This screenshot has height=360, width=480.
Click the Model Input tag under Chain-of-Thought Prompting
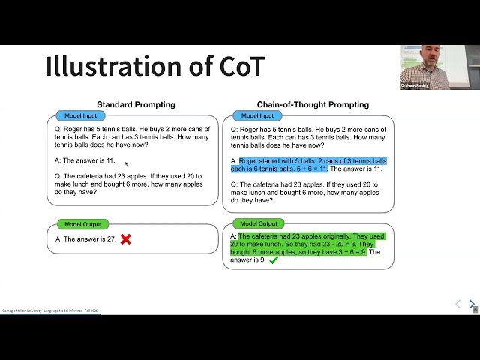256,116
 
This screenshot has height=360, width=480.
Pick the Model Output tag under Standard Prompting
82,224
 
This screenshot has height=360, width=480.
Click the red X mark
126,239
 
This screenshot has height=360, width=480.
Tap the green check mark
274,260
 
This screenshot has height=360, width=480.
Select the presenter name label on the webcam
414,86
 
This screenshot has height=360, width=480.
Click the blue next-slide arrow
472,304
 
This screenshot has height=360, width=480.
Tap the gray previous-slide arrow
458,304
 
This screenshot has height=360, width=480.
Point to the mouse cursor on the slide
126,163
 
